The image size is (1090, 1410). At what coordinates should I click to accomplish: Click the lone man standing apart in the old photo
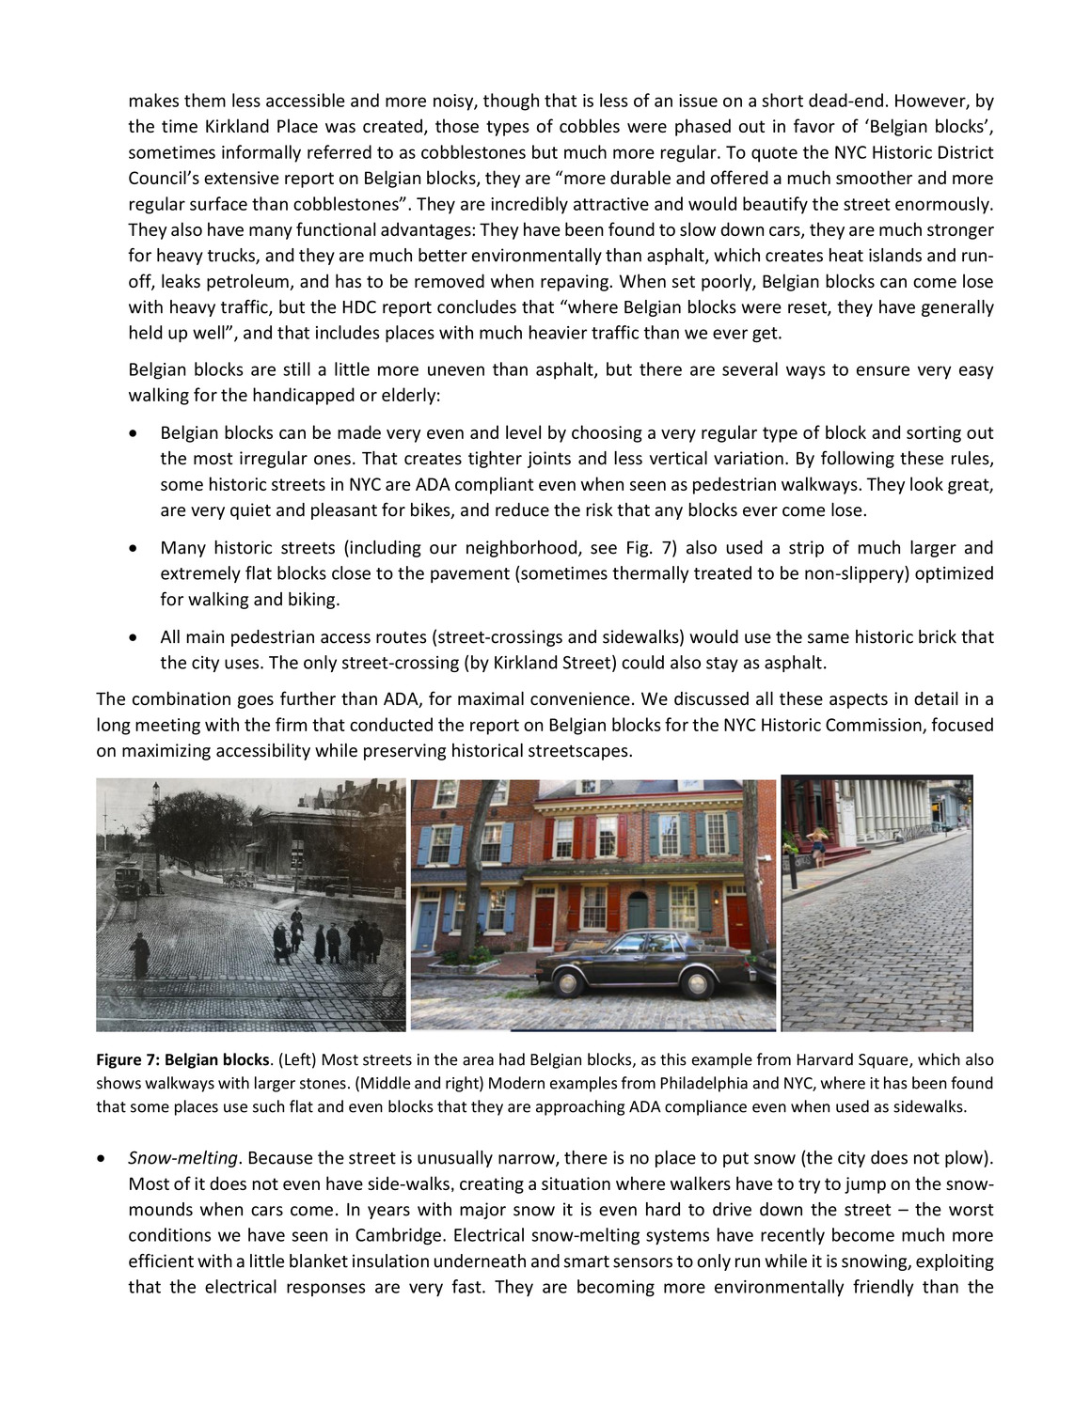point(140,956)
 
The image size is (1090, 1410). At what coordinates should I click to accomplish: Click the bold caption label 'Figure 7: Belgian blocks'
point(182,1060)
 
